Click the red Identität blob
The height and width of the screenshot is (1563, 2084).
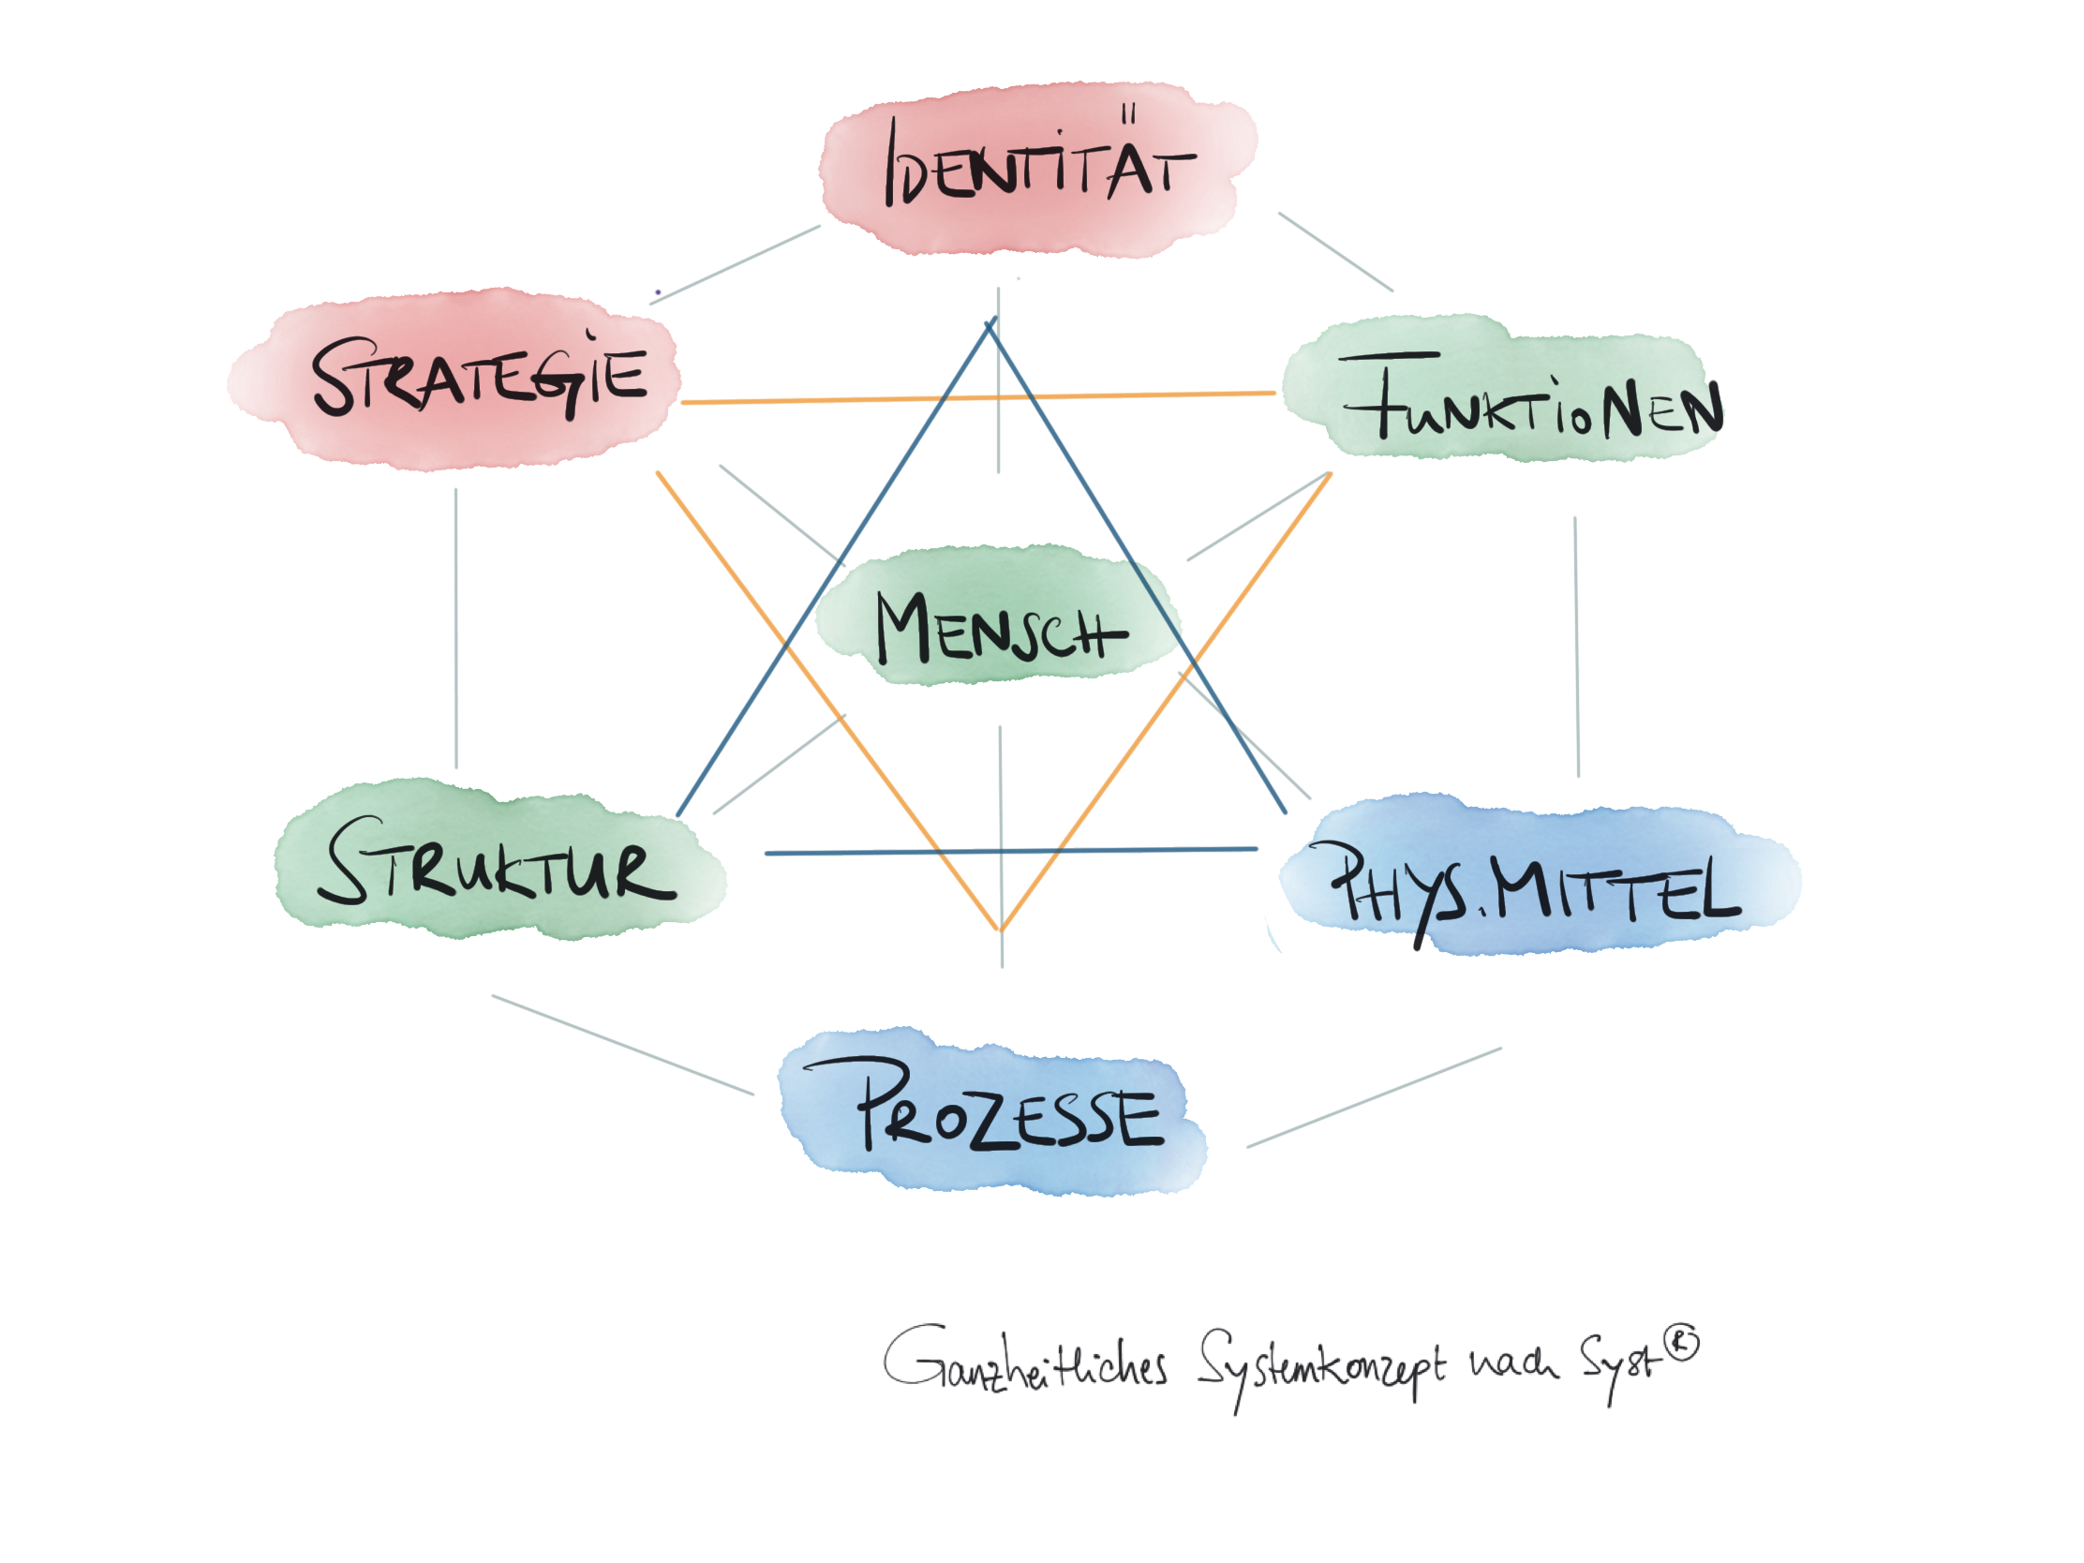pyautogui.click(x=1036, y=170)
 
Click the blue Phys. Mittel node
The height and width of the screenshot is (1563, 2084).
pyautogui.click(x=1536, y=881)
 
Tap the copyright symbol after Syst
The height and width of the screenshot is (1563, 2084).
pyautogui.click(x=1683, y=1343)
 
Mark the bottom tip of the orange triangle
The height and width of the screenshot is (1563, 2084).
pyautogui.click(x=1001, y=930)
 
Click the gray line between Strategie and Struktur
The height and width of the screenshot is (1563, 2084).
pyautogui.click(x=456, y=632)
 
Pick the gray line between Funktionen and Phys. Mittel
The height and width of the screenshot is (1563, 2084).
pyautogui.click(x=1576, y=650)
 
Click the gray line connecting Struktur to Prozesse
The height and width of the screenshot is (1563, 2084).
pyautogui.click(x=622, y=1045)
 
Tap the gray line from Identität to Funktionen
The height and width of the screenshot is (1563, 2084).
pyautogui.click(x=1335, y=251)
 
